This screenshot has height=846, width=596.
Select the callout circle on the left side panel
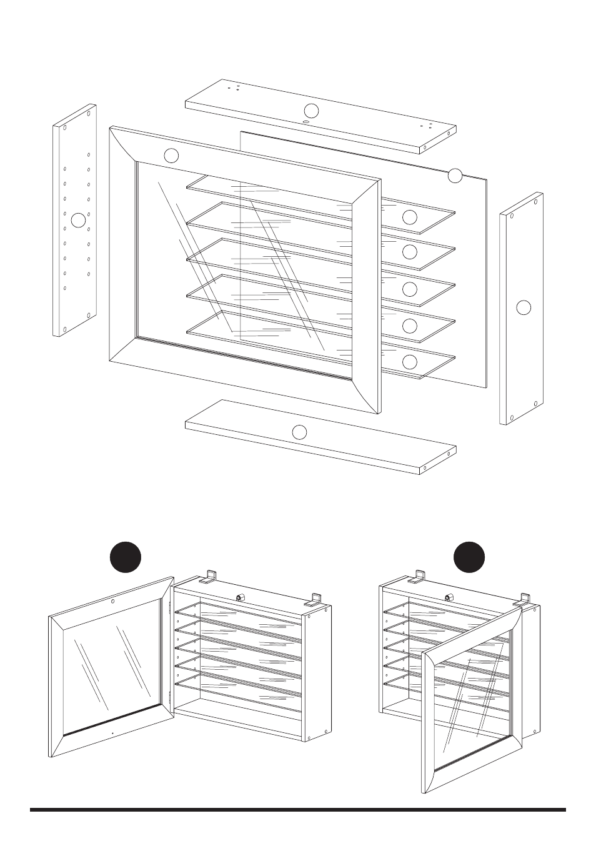pyautogui.click(x=78, y=220)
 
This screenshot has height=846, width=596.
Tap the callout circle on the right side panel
pyautogui.click(x=524, y=307)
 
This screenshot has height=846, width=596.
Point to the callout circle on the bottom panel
pyautogui.click(x=300, y=431)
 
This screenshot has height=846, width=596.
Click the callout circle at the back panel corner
pyautogui.click(x=455, y=176)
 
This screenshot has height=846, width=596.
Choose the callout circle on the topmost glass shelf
pyautogui.click(x=410, y=217)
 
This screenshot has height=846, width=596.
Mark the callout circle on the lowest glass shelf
pyautogui.click(x=410, y=362)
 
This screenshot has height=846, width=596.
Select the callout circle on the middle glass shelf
pyautogui.click(x=410, y=289)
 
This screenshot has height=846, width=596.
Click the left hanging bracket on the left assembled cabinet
pyautogui.click(x=210, y=575)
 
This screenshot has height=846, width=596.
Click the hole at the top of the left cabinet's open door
pyautogui.click(x=112, y=601)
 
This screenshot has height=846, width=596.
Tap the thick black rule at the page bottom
pyautogui.click(x=298, y=810)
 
